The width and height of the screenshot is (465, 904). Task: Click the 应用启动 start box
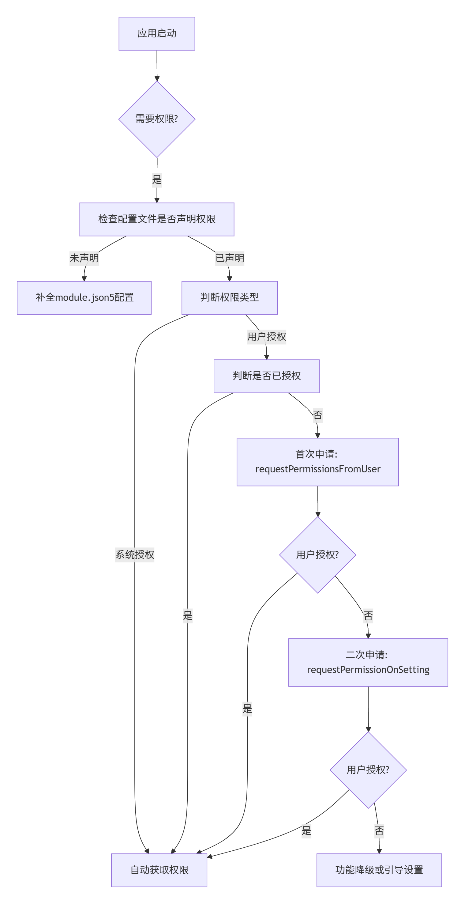157,34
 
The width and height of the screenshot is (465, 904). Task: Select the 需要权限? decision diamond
157,119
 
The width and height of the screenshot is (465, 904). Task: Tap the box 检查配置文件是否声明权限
157,219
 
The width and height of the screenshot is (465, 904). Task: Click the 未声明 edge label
84,258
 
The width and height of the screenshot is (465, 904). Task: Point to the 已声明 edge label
230,258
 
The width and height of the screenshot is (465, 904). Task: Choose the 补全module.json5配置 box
84,297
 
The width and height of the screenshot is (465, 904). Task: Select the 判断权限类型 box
229,297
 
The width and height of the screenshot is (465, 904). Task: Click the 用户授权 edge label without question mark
267,337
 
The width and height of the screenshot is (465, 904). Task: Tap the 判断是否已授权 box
267,376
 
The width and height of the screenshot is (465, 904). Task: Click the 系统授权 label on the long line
135,555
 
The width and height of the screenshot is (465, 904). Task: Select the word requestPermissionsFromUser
318,469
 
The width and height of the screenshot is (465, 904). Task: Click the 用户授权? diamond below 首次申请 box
318,555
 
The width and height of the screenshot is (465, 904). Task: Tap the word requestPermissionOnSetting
368,670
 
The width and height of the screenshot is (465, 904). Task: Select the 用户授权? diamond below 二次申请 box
368,770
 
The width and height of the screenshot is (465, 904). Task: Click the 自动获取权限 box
159,870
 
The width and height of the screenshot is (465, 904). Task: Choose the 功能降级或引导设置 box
379,870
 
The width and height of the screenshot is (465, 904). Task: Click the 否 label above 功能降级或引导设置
379,831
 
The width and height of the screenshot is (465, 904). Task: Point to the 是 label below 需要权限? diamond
157,180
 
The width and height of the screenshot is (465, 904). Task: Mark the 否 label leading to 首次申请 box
318,415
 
